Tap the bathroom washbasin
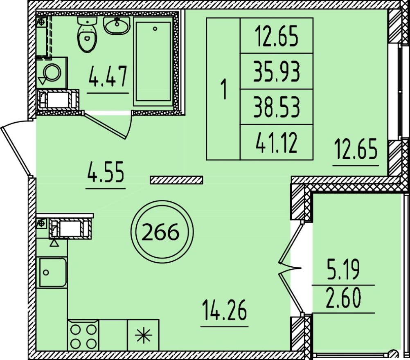click(117, 25)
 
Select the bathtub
click(153, 61)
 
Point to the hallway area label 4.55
click(106, 171)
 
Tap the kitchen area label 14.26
click(225, 311)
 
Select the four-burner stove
click(83, 335)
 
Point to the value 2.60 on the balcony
click(343, 299)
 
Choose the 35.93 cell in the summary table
click(276, 71)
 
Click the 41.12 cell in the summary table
click(276, 142)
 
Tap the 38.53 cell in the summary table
click(276, 107)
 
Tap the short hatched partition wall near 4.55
click(176, 180)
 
